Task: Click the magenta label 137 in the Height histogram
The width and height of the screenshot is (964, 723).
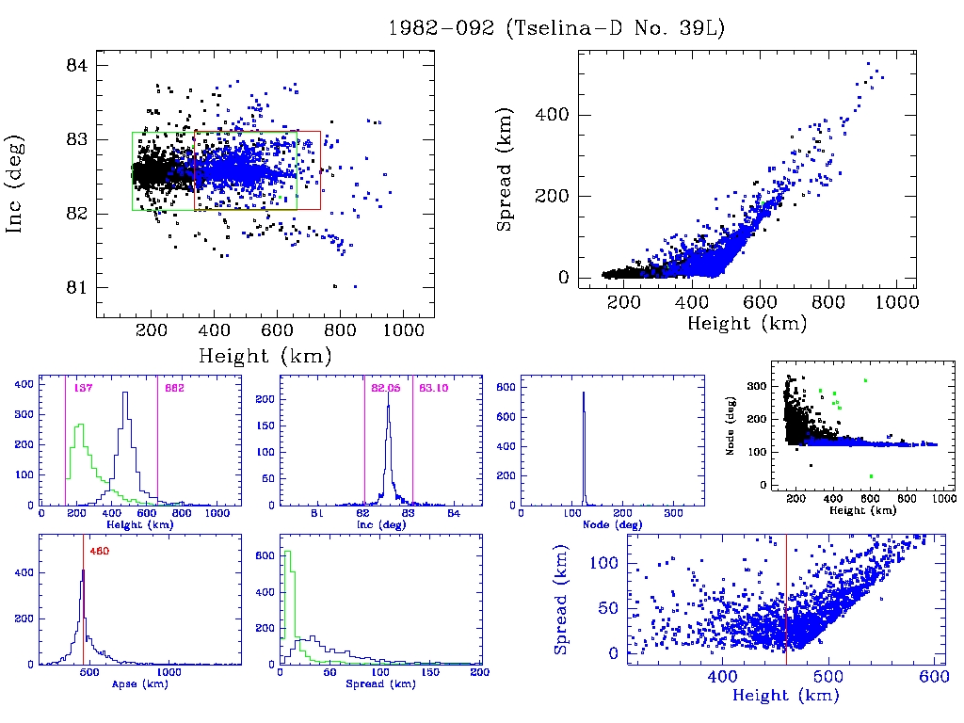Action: pyautogui.click(x=82, y=389)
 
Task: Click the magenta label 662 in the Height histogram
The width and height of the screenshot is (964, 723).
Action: pyautogui.click(x=174, y=389)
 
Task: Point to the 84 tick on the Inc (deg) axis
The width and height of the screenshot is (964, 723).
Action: pyautogui.click(x=77, y=66)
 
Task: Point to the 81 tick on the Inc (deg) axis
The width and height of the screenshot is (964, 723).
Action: pyautogui.click(x=77, y=287)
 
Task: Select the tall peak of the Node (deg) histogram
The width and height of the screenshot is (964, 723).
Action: pyautogui.click(x=584, y=395)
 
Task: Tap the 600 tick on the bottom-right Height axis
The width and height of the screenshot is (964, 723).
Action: pyautogui.click(x=932, y=676)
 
